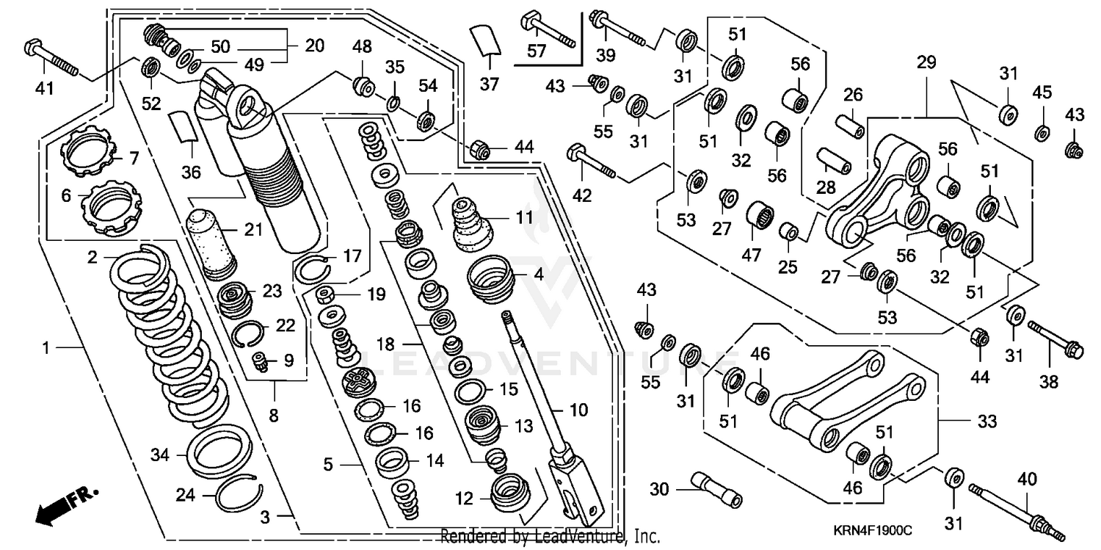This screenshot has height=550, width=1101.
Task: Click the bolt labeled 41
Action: coord(51,57)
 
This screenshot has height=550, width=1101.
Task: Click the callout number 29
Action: coord(926,62)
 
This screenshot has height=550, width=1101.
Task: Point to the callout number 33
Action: coord(987,421)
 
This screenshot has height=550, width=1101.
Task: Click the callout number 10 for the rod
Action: coord(578,410)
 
